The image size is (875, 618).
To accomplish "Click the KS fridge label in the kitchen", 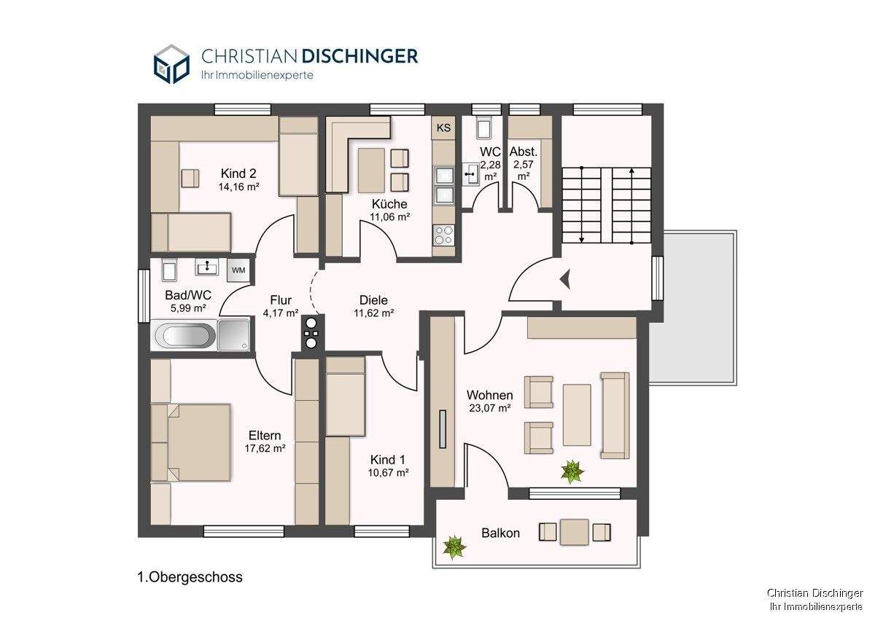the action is click(x=443, y=128).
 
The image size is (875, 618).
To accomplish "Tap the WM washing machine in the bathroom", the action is click(x=238, y=270).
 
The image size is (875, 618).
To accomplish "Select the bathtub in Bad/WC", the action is click(x=184, y=335).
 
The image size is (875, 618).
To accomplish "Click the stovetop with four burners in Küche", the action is click(x=444, y=234).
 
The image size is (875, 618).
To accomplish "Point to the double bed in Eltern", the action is click(x=190, y=442).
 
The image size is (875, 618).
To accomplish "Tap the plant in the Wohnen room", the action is click(x=572, y=472).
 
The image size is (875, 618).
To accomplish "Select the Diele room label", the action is click(x=373, y=300).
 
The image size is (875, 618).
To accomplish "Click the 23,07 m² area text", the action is click(x=490, y=408).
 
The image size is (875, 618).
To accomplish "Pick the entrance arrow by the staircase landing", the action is click(x=565, y=279).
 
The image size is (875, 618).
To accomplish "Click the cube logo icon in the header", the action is click(x=171, y=64).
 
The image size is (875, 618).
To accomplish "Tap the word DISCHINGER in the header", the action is click(x=360, y=56).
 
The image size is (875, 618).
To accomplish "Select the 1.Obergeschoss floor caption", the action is click(x=190, y=577).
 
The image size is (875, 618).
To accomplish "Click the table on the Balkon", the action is click(x=575, y=532).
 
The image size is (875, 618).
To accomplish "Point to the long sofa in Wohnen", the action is click(x=615, y=415).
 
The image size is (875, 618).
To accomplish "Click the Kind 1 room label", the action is click(x=387, y=459).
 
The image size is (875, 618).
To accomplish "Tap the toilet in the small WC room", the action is click(x=483, y=127).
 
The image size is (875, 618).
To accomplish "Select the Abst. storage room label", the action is click(x=524, y=152).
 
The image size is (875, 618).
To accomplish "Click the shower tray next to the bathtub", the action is click(x=234, y=335).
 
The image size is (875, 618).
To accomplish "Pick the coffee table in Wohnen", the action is click(x=577, y=415).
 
